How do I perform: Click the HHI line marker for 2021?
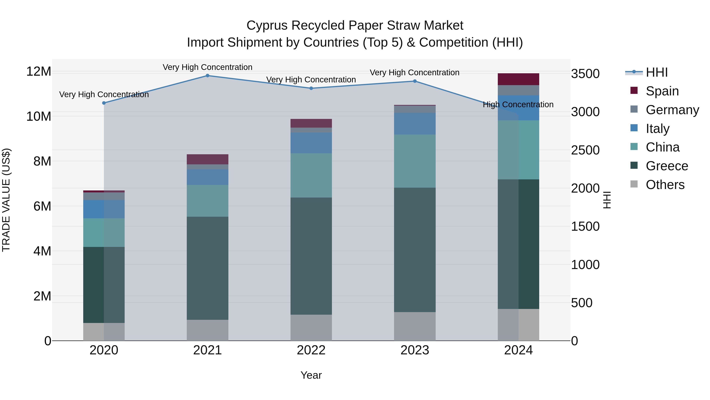click(207, 76)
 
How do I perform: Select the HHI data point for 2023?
click(415, 81)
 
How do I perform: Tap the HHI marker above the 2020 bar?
click(104, 103)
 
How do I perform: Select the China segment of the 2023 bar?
click(415, 161)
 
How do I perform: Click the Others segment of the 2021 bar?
click(207, 330)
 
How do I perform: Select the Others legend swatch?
click(634, 184)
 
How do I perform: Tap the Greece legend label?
click(667, 166)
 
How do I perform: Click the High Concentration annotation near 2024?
click(518, 105)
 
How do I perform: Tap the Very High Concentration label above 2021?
click(207, 67)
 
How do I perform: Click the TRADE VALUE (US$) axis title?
click(6, 200)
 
